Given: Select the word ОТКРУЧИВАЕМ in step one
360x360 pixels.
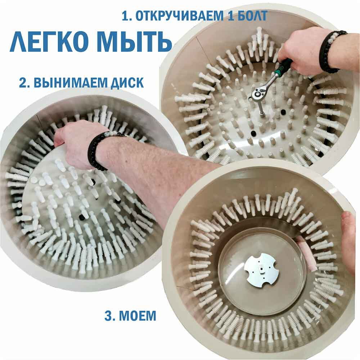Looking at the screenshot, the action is point(179,16).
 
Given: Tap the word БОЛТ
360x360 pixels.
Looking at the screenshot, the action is point(253,16).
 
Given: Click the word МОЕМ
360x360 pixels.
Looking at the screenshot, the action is point(138,316).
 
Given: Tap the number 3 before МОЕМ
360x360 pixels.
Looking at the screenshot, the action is point(109,316).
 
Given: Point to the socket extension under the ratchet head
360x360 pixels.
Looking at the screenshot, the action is point(262,107).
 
